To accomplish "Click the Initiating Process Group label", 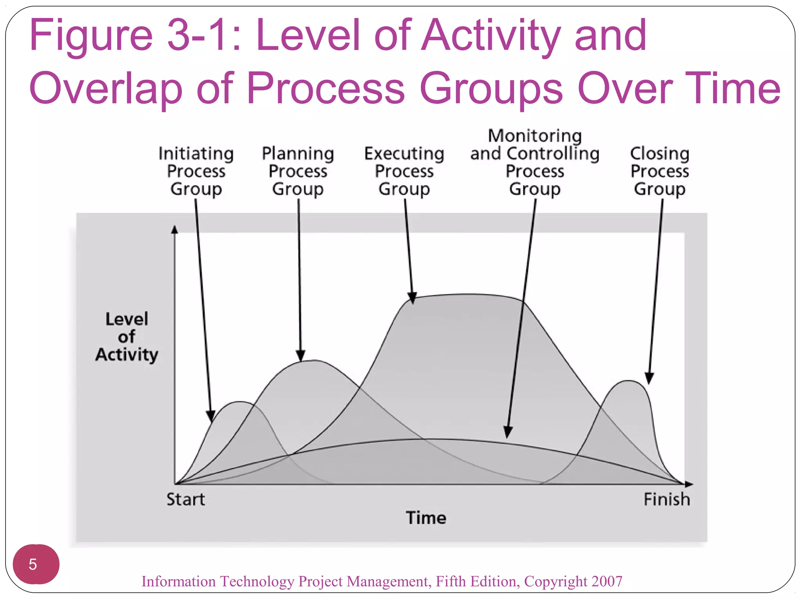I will tap(196, 171).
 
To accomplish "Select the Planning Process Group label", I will tap(298, 171).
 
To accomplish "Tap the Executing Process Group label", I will tap(404, 171).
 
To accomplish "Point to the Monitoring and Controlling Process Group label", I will tap(535, 162).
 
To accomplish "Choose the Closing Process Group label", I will tap(660, 171).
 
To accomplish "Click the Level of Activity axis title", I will tap(127, 337).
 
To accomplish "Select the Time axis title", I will tap(426, 518).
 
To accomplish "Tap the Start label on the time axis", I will tap(185, 499).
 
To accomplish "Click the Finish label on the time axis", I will tap(667, 499).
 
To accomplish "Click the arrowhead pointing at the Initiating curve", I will tap(211, 416).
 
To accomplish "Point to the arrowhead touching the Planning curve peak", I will tap(300, 355).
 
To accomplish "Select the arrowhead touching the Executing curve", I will tap(412, 298).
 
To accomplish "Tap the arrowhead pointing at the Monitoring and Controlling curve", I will tap(508, 432).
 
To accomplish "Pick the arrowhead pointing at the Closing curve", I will tap(649, 378).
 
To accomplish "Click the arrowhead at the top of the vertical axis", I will tap(174, 229).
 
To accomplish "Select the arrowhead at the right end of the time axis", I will tap(689, 484).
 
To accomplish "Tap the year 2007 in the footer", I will tap(607, 581).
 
